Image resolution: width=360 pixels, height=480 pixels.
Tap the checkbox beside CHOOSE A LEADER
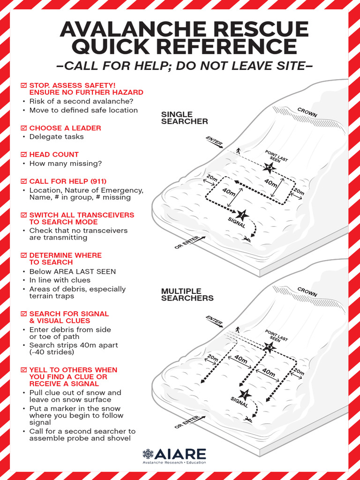tap(23, 128)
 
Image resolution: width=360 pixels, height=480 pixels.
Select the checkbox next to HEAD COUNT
tap(23, 154)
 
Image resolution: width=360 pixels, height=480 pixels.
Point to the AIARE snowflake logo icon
tap(148, 454)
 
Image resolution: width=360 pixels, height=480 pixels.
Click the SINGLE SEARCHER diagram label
tap(184, 118)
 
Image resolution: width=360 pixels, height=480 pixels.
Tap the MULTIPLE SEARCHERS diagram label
tap(187, 294)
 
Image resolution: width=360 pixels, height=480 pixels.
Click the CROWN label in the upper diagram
tap(307, 112)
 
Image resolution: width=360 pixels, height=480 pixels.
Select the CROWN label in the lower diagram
tap(307, 292)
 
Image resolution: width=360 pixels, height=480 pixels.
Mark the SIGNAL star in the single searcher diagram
tap(242, 215)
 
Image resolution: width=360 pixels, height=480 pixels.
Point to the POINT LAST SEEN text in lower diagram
tap(277, 336)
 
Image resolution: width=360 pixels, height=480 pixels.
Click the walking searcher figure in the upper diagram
tap(238, 150)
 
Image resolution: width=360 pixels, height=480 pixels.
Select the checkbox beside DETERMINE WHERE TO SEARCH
tap(23, 255)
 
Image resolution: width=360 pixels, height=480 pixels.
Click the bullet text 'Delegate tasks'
tap(56, 137)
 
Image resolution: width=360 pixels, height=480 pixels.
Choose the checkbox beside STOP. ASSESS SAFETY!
tap(23, 85)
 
